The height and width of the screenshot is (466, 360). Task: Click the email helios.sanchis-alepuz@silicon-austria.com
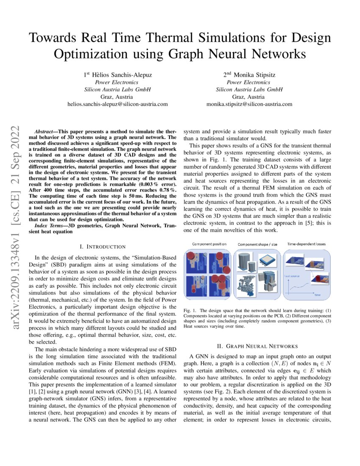tap(117, 104)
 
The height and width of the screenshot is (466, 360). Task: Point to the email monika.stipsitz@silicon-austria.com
tap(249, 104)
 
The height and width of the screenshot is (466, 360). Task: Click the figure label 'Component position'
tap(209, 244)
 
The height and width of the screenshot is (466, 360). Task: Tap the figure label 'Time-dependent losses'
tap(307, 244)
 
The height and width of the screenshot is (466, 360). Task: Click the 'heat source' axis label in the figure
tap(292, 275)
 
